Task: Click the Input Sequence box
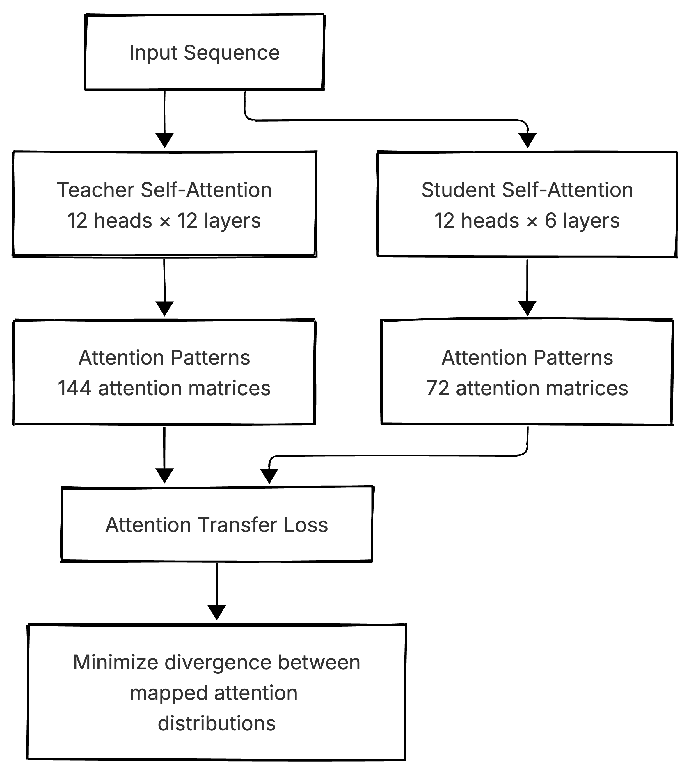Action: [x=204, y=52]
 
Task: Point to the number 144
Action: [x=74, y=389]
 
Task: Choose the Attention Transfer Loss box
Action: [x=217, y=524]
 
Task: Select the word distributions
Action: [x=217, y=723]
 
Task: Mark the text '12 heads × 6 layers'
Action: [x=527, y=221]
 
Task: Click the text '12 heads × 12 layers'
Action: [x=164, y=221]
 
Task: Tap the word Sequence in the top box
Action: [x=232, y=53]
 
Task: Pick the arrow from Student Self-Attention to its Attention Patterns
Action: [x=527, y=288]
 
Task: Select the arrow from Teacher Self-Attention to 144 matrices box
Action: [x=164, y=288]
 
